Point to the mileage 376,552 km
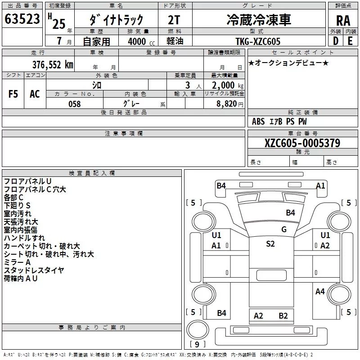click(x=53, y=64)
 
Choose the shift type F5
click(x=13, y=94)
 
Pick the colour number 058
click(x=74, y=104)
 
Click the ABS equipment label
click(x=258, y=121)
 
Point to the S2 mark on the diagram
click(x=270, y=244)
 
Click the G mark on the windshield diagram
click(x=284, y=229)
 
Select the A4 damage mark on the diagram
click(x=320, y=292)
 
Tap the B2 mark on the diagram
click(x=283, y=316)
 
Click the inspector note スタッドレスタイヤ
click(x=34, y=270)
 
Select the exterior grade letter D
click(x=335, y=41)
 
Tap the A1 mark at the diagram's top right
click(x=320, y=185)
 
